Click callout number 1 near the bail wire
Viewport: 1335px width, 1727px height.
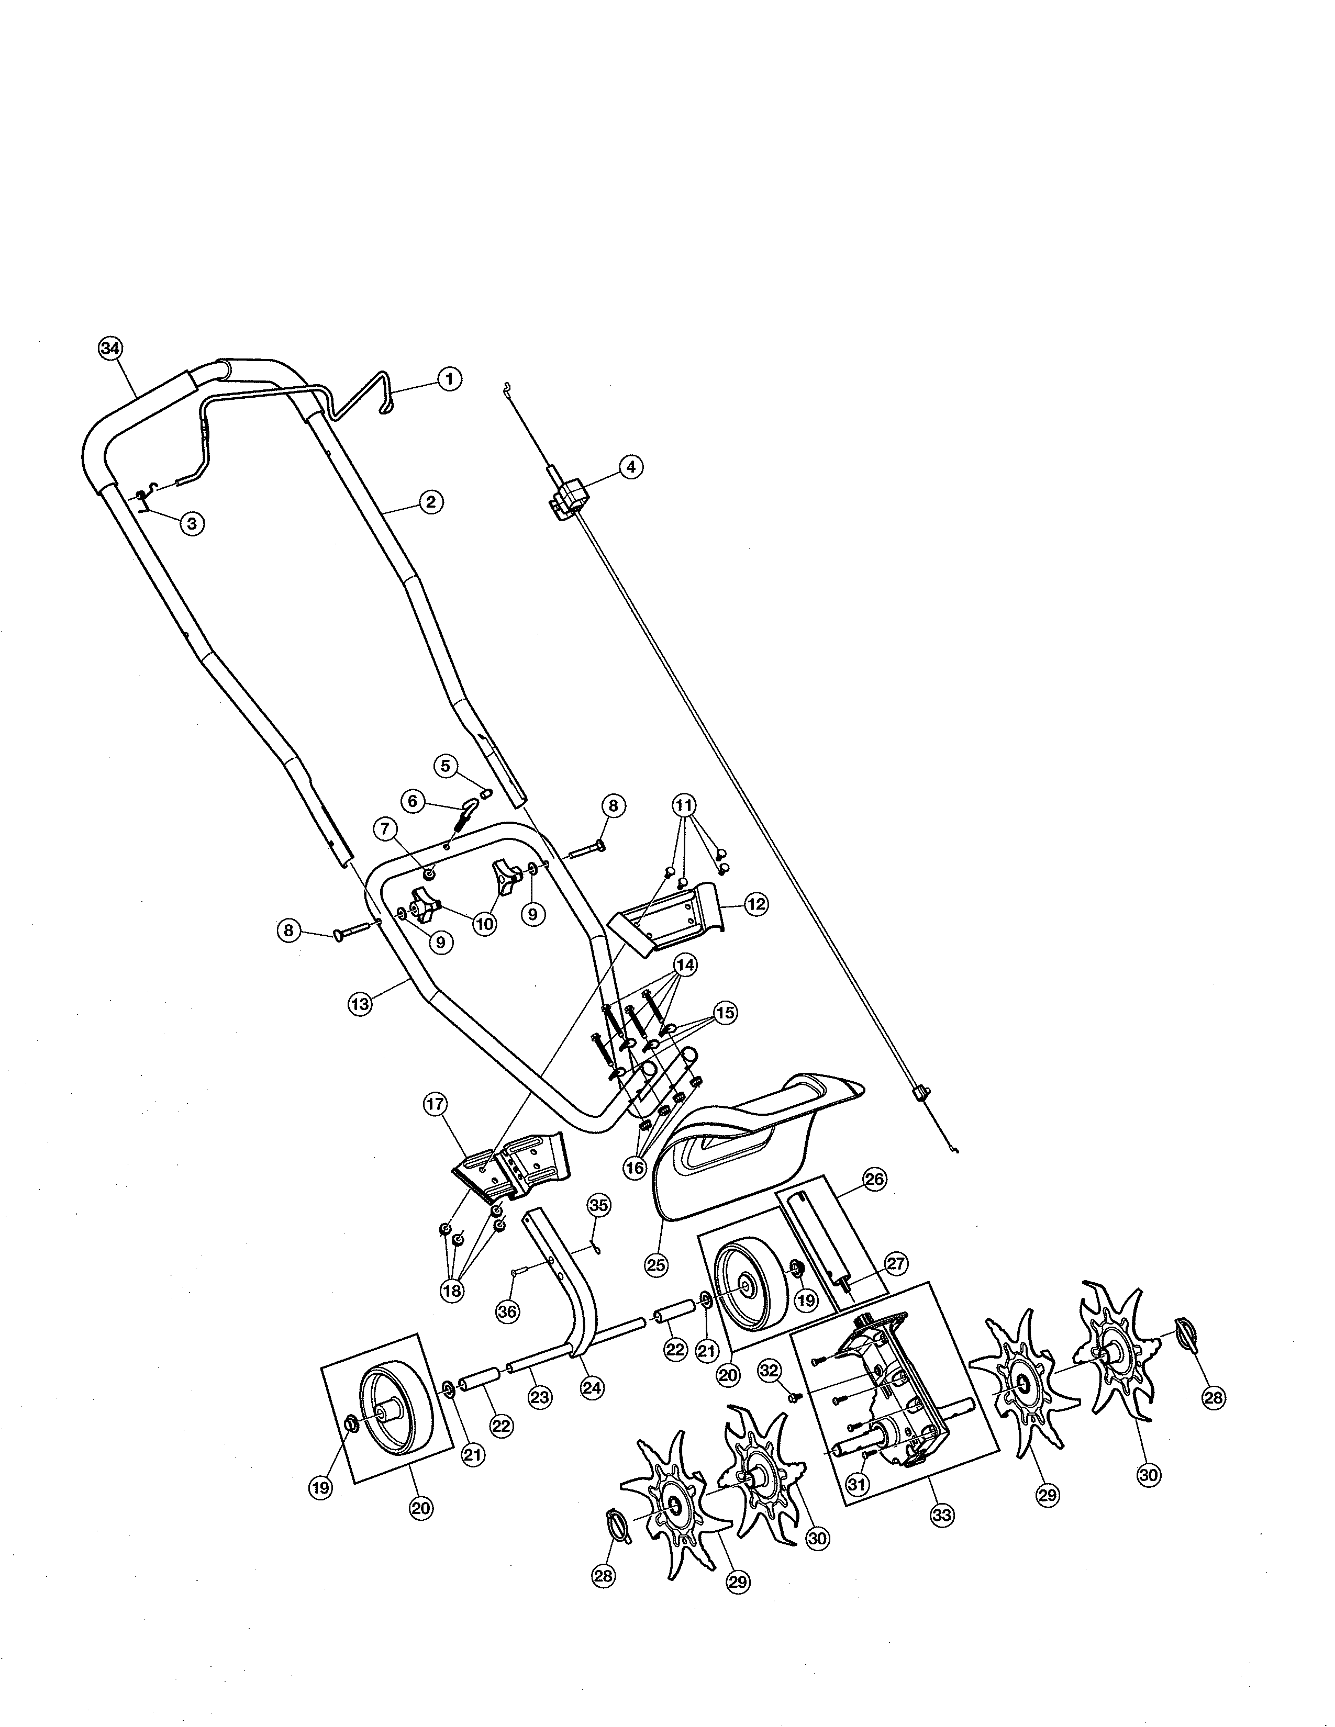pyautogui.click(x=449, y=379)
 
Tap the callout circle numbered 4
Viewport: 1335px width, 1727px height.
pyautogui.click(x=630, y=467)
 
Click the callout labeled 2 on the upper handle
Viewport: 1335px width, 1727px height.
pyautogui.click(x=430, y=501)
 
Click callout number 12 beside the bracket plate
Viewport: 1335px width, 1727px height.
pyautogui.click(x=756, y=904)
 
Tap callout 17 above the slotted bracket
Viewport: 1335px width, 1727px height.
pyautogui.click(x=436, y=1105)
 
